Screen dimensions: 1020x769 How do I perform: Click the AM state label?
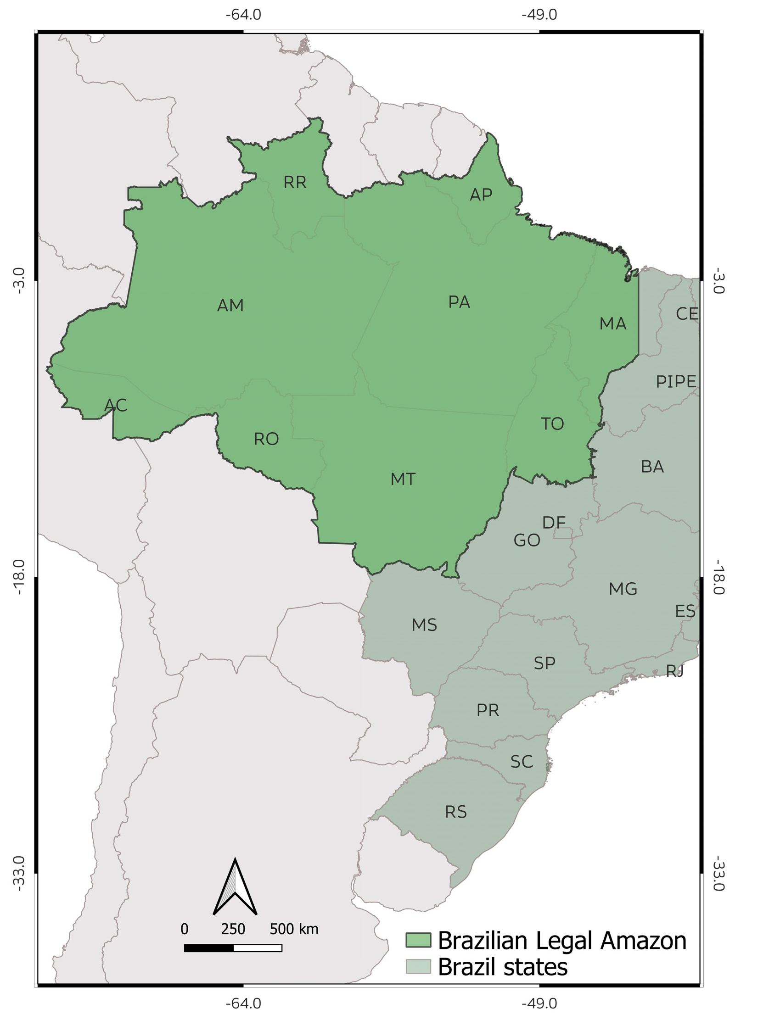click(230, 305)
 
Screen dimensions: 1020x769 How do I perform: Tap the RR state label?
click(295, 183)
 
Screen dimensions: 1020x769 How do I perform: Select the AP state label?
click(481, 195)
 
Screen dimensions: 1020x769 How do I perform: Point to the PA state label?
click(459, 302)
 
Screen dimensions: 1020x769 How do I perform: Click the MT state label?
click(403, 479)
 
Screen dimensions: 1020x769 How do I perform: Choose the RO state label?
click(266, 439)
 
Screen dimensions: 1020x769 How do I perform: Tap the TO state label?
click(552, 424)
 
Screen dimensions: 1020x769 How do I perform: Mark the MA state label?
click(612, 323)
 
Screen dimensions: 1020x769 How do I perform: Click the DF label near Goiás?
click(554, 523)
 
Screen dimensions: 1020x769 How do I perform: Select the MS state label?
click(424, 625)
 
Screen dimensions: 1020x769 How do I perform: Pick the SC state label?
click(521, 761)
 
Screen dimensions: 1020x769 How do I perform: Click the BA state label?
click(652, 467)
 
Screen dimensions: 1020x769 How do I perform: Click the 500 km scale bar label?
click(294, 929)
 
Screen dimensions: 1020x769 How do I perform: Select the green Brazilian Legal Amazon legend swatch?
click(418, 940)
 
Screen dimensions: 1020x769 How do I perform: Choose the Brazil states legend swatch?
click(418, 966)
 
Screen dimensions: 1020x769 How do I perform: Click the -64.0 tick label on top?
click(243, 15)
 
